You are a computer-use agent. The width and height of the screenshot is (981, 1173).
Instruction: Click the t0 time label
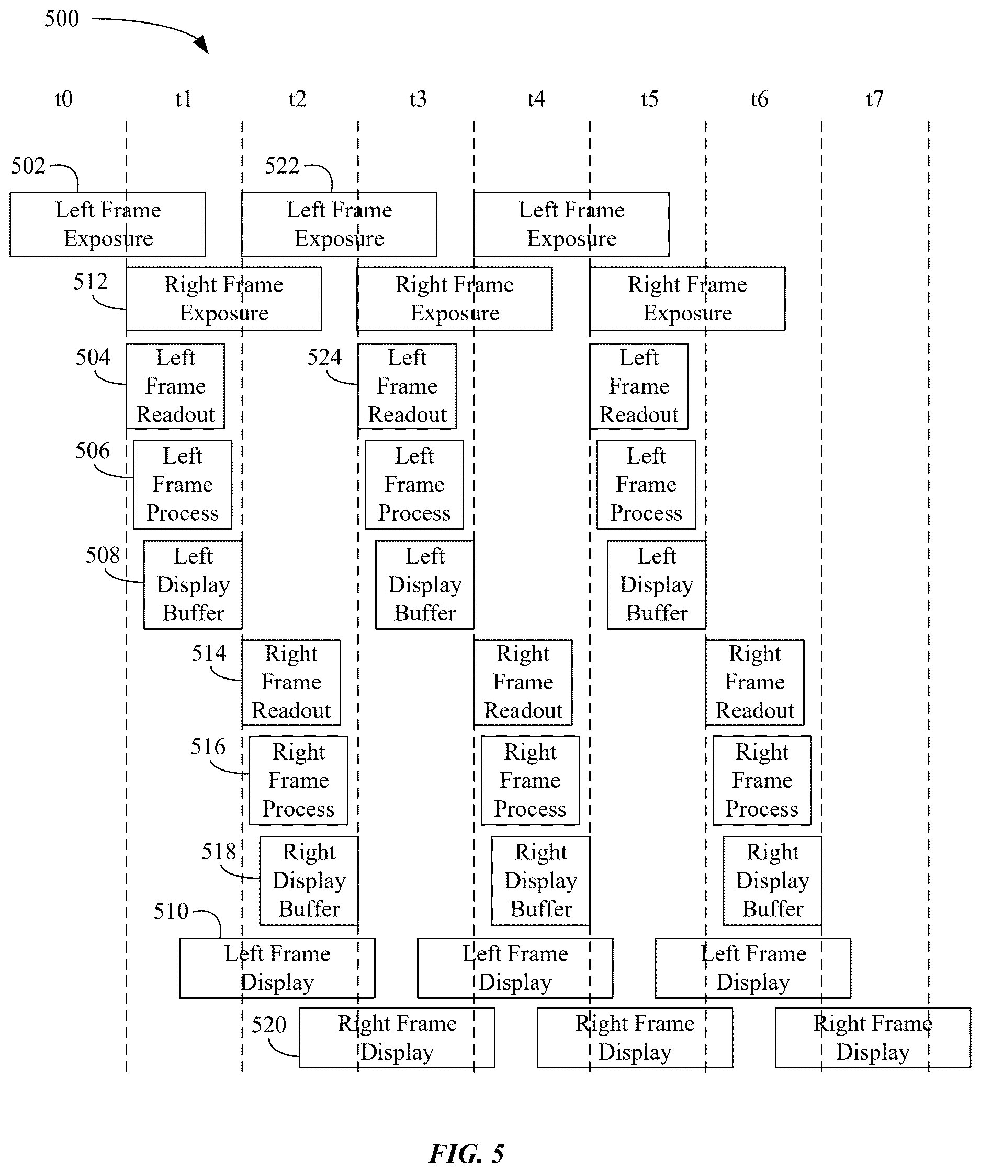[x=64, y=99]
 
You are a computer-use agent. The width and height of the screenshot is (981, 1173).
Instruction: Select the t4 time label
[x=536, y=99]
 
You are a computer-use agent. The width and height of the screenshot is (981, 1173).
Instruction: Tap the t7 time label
[x=875, y=99]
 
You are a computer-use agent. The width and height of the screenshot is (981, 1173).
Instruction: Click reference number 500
[x=62, y=18]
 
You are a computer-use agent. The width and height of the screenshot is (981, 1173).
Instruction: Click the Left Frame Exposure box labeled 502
[x=108, y=225]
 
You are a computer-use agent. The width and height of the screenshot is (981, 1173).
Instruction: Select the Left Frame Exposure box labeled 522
[x=340, y=225]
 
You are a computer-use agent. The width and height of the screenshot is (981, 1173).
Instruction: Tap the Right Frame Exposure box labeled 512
[x=223, y=299]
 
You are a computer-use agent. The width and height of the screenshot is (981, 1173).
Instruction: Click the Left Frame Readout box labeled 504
[x=175, y=386]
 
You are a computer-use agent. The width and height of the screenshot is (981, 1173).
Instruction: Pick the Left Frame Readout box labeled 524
[x=407, y=386]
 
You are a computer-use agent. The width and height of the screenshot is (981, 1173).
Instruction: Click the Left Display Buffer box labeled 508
[x=194, y=585]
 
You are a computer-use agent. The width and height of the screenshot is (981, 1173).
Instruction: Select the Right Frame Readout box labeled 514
[x=291, y=683]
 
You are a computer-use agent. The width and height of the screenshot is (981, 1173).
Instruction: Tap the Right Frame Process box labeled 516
[x=299, y=781]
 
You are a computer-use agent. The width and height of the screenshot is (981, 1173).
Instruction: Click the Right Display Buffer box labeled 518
[x=309, y=881]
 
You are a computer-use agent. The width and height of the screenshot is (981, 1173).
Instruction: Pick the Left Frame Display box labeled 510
[x=277, y=969]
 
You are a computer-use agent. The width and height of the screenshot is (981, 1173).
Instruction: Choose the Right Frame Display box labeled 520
[x=397, y=1038]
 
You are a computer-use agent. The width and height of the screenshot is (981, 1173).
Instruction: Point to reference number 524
[x=324, y=358]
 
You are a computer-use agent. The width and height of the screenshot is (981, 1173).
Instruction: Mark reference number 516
[x=208, y=747]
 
